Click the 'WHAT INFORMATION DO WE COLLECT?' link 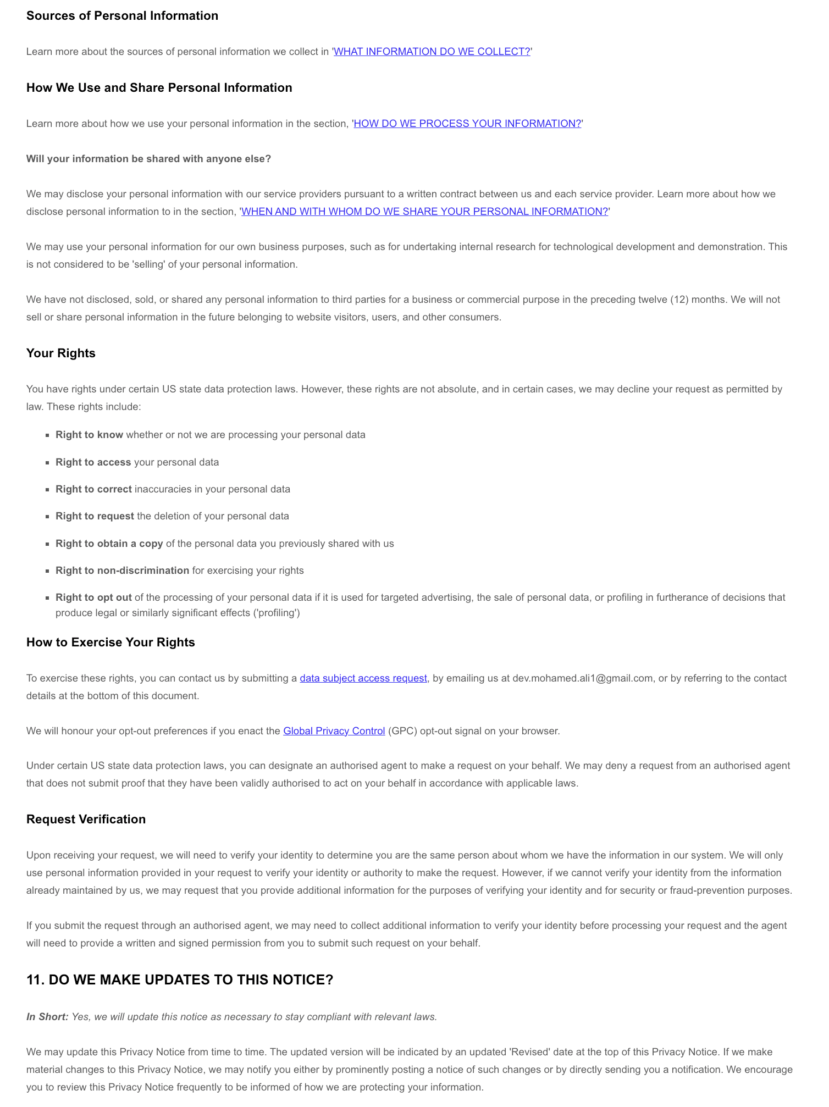click(x=432, y=52)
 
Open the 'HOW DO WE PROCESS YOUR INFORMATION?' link click(x=467, y=124)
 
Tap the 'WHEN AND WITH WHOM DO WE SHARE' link click(x=424, y=212)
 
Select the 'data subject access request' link click(x=363, y=678)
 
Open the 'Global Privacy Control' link click(x=334, y=731)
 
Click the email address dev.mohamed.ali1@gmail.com click(x=582, y=678)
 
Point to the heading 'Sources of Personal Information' click(x=122, y=16)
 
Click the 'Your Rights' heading click(x=61, y=353)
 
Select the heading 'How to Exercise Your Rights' click(x=110, y=643)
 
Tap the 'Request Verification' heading click(x=86, y=820)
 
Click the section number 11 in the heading click(x=35, y=980)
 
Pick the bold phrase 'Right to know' click(x=89, y=435)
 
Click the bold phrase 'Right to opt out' click(x=93, y=597)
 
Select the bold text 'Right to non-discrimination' click(x=122, y=571)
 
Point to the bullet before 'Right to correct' click(x=48, y=490)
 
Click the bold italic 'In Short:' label click(x=47, y=1017)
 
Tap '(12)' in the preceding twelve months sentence click(x=679, y=300)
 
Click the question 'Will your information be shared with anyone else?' click(x=148, y=159)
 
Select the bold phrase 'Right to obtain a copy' click(x=109, y=544)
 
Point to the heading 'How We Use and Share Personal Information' click(x=159, y=88)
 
